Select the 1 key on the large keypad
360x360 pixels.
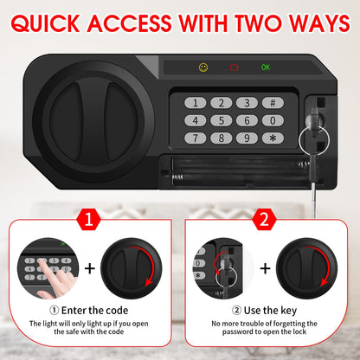(196, 102)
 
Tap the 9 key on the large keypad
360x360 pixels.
(247, 137)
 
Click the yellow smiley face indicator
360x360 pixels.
(202, 66)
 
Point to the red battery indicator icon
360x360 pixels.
(234, 66)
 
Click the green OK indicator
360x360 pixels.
(266, 66)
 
